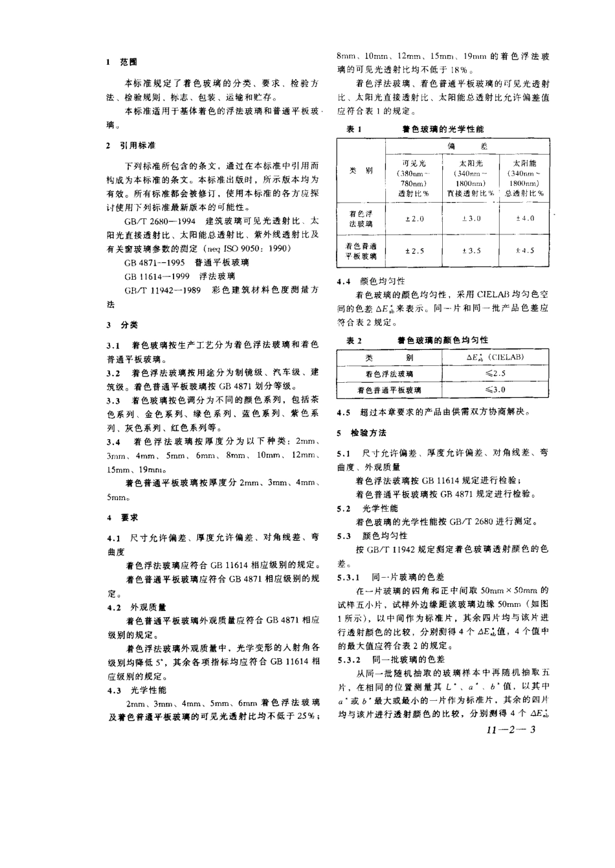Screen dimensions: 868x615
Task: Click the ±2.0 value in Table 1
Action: point(414,219)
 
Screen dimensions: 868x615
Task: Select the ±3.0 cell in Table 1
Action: point(471,219)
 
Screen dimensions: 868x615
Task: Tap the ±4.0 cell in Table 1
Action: point(525,219)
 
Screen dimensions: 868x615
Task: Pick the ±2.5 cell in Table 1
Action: point(414,251)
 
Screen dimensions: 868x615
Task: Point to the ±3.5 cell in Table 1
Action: point(471,251)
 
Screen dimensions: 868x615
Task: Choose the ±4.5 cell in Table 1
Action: point(525,251)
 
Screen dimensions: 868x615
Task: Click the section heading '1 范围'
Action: point(122,63)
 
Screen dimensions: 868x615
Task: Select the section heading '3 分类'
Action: point(122,325)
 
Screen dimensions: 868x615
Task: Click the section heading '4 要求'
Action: point(122,518)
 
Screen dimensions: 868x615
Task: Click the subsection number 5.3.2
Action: point(350,659)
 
